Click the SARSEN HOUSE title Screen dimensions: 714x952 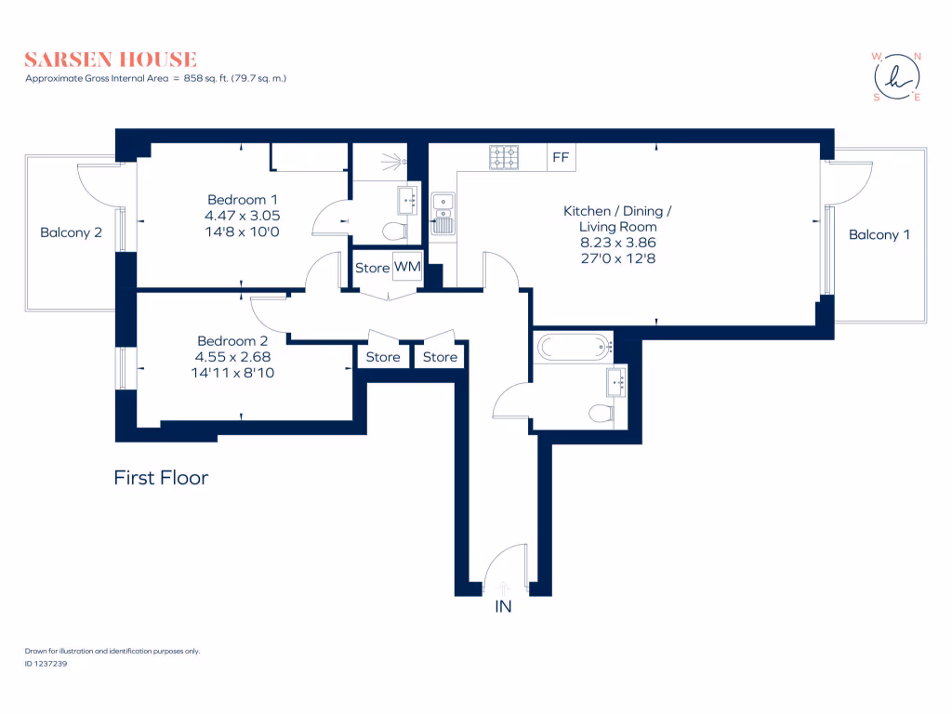[111, 59]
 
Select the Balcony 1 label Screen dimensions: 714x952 [879, 235]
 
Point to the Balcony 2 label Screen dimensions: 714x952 [71, 232]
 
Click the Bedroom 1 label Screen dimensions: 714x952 [242, 199]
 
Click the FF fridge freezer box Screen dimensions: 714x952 [560, 157]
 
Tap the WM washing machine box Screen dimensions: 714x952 [407, 268]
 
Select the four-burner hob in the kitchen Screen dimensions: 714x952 [505, 157]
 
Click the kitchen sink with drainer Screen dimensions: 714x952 [443, 212]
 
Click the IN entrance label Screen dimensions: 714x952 [503, 607]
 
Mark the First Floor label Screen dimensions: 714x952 [161, 478]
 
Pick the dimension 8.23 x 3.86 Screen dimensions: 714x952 [617, 242]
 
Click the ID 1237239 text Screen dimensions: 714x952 [46, 664]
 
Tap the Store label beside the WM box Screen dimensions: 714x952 [372, 268]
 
